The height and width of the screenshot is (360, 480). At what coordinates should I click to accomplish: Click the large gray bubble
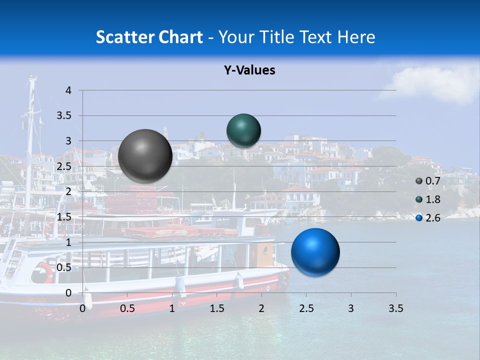pos(145,155)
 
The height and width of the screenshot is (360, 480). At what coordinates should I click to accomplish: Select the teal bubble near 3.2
pos(243,130)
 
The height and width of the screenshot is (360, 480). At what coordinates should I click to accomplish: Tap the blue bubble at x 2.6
pos(315,252)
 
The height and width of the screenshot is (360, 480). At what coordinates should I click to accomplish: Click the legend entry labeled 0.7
pos(432,181)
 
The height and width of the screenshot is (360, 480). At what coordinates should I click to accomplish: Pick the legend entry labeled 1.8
pos(432,199)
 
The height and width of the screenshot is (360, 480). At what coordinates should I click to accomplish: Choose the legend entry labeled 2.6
pos(432,218)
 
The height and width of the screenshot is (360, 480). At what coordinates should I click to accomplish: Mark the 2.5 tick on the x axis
pos(306,308)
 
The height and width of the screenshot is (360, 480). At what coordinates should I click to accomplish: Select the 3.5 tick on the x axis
pos(395,308)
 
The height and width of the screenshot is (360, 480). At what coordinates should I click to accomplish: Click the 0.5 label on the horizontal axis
pos(127,308)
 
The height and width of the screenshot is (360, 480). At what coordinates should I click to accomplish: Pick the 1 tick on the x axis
pos(172,308)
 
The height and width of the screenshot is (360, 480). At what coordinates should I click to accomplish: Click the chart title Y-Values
pos(249,70)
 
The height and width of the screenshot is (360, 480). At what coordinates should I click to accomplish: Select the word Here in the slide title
pos(356,37)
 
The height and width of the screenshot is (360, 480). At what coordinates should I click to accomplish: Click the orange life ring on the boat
pos(42,273)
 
